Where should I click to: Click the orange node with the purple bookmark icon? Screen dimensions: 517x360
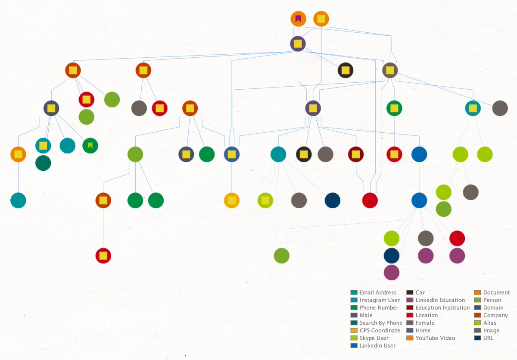(x=298, y=19)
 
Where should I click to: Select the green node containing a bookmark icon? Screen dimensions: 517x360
(x=90, y=146)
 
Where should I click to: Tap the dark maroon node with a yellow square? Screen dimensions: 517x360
(x=356, y=154)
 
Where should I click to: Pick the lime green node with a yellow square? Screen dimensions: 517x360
(x=265, y=200)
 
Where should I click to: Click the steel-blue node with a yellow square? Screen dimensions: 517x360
(x=232, y=154)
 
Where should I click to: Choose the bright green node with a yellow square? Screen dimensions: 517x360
(x=394, y=108)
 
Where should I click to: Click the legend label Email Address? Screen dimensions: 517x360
(x=378, y=292)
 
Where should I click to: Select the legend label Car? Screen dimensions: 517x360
(x=420, y=292)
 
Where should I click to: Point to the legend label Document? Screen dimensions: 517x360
(x=496, y=292)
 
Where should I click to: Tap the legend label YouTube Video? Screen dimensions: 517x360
(x=435, y=338)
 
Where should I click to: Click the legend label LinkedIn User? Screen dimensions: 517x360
(x=377, y=345)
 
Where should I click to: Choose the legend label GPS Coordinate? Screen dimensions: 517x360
(x=380, y=330)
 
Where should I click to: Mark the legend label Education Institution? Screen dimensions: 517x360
(x=443, y=307)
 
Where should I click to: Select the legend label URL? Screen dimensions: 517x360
(x=488, y=338)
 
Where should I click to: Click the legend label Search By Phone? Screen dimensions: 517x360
(x=381, y=323)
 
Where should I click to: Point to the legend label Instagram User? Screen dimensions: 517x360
(x=380, y=300)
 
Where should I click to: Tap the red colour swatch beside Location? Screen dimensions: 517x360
(x=410, y=315)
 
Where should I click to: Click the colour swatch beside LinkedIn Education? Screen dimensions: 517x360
(x=410, y=300)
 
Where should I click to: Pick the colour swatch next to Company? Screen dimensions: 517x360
(x=477, y=315)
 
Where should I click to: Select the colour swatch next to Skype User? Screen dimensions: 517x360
(x=354, y=338)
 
